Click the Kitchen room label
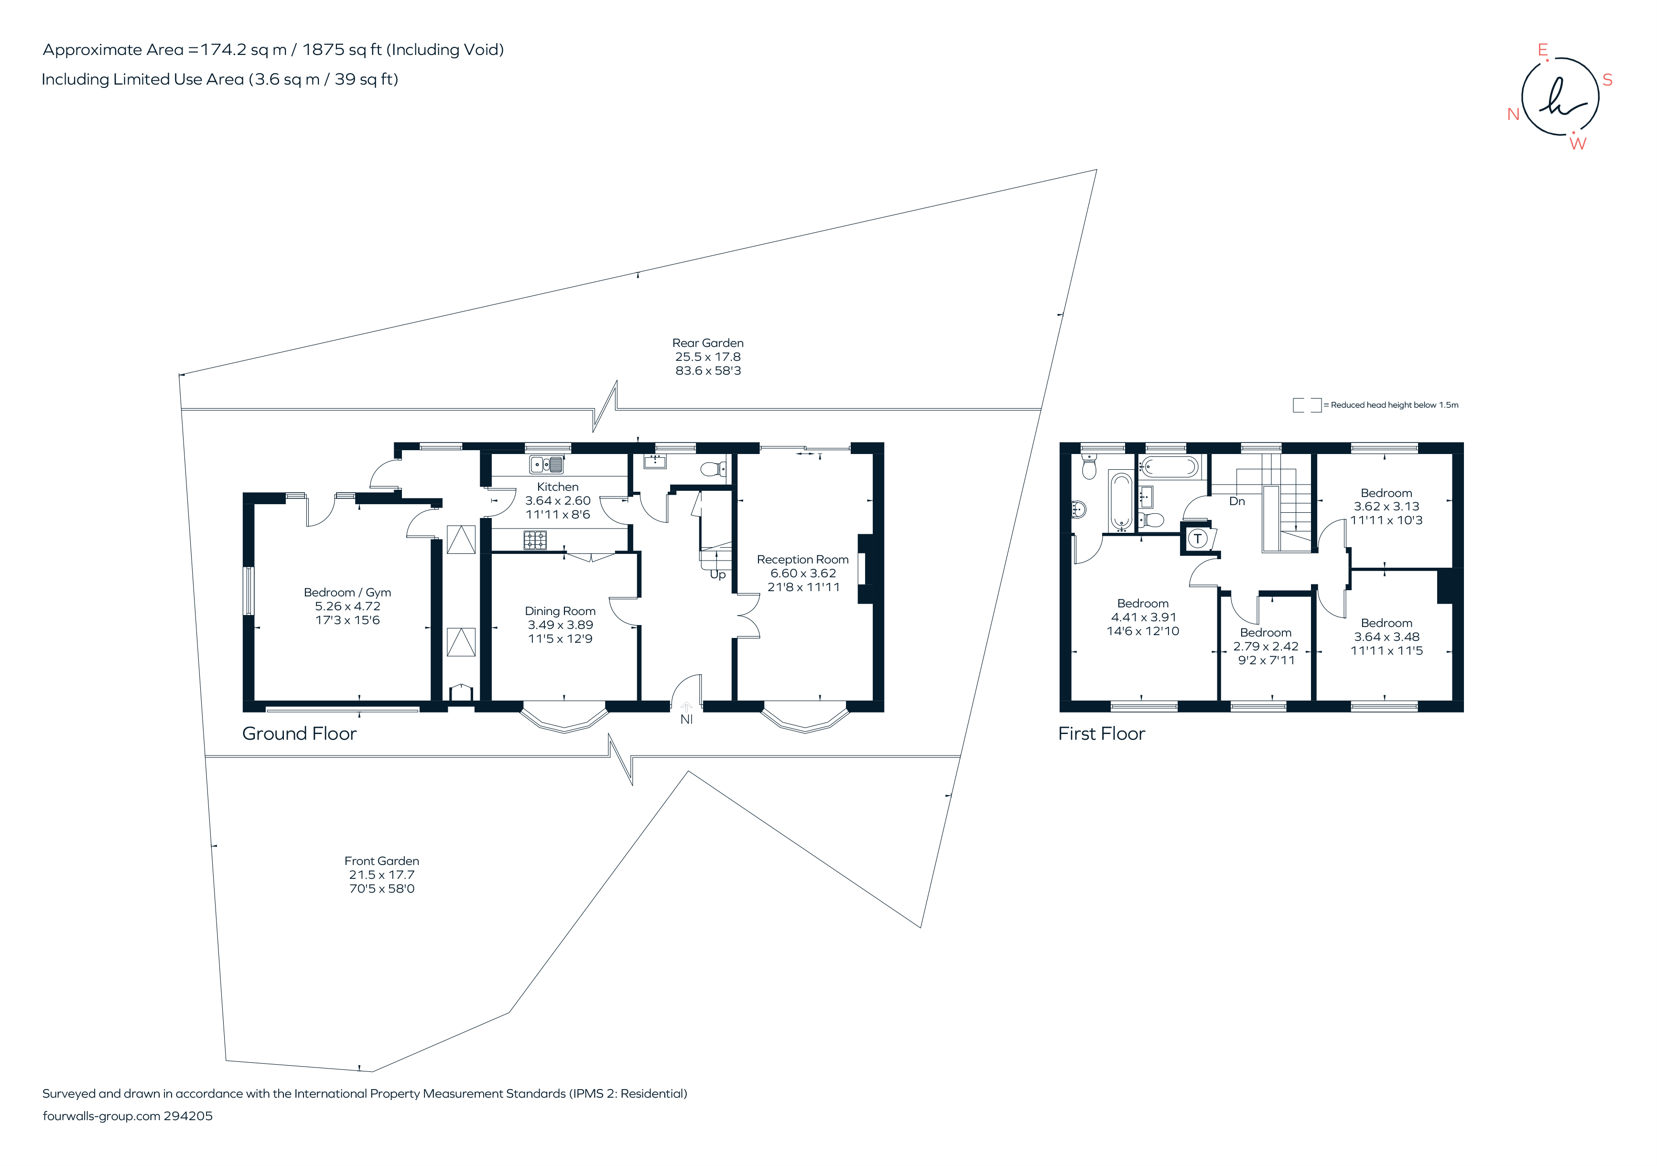[557, 487]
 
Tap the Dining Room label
[560, 611]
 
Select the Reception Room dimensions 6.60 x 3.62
[802, 573]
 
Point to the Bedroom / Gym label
[347, 593]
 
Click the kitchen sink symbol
[546, 464]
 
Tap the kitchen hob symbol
[535, 540]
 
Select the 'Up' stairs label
[717, 574]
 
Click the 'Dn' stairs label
[1237, 501]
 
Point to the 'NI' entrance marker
[686, 719]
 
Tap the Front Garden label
[381, 861]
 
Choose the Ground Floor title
[299, 734]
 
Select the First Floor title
[1101, 734]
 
